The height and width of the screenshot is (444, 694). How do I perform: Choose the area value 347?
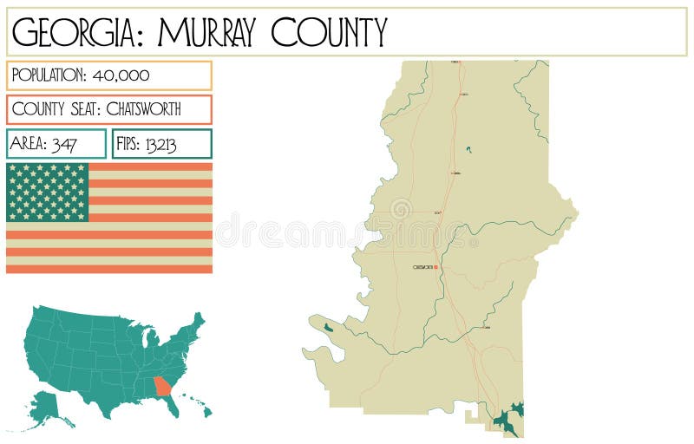(64, 144)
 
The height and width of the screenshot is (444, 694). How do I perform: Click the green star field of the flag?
(48, 192)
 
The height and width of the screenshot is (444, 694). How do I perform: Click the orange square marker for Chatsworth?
(435, 267)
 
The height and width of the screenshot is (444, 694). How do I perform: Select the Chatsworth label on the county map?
(422, 267)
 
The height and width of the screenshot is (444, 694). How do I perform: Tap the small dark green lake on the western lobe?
(327, 328)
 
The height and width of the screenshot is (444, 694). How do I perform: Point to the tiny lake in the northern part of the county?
(468, 150)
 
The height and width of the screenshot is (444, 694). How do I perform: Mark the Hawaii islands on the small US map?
(201, 405)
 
